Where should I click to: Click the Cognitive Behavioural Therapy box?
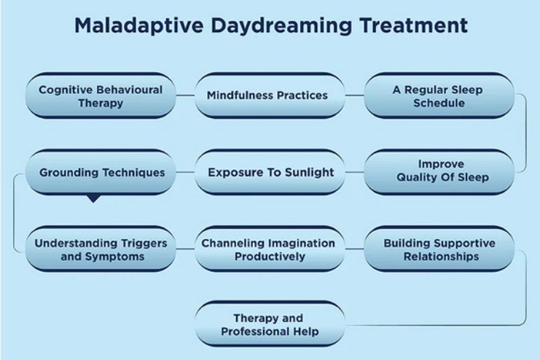[100, 95]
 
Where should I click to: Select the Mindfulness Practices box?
[267, 95]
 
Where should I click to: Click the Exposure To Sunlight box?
[270, 173]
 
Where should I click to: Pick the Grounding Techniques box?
[101, 173]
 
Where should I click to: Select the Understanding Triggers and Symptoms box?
[100, 249]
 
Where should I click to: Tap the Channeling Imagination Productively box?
[268, 249]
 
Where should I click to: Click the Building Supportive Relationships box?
[439, 249]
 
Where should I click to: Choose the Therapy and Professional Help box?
[269, 326]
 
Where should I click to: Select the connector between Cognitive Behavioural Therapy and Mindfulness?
[185, 95]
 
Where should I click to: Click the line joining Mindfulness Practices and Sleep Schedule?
[354, 95]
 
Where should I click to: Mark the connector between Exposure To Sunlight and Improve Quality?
[354, 173]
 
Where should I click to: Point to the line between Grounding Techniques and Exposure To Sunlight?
[185, 173]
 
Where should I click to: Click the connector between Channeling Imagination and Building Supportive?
[354, 249]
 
